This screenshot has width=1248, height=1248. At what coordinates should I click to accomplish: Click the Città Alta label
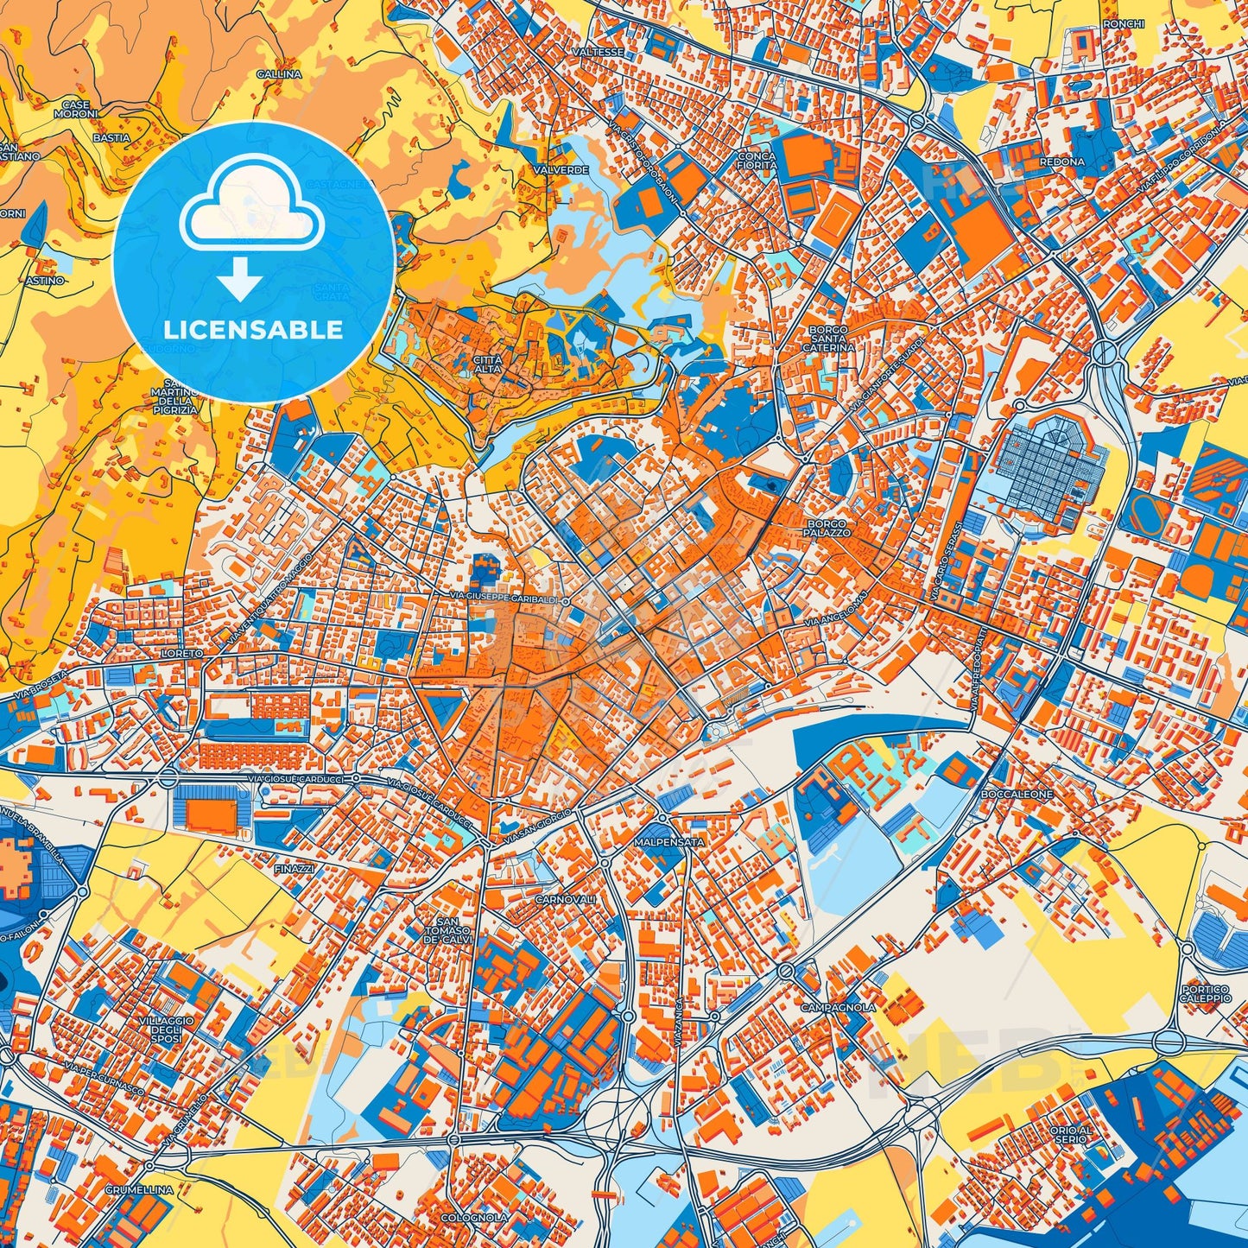click(x=488, y=364)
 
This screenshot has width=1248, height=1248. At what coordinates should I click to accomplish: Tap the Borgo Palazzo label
click(x=828, y=529)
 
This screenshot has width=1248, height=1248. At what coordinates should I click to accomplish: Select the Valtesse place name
click(x=597, y=52)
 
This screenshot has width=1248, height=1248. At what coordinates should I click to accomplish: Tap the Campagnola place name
click(x=838, y=1007)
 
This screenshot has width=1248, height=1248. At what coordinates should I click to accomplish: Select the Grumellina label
click(x=140, y=1189)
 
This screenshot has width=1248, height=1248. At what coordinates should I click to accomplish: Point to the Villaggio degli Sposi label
click(x=160, y=1029)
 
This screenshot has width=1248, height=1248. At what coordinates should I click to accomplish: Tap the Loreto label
click(x=181, y=654)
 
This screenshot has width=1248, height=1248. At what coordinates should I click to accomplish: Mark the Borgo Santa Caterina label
click(x=831, y=339)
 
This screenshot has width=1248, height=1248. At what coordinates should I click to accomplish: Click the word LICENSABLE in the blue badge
click(x=254, y=329)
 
